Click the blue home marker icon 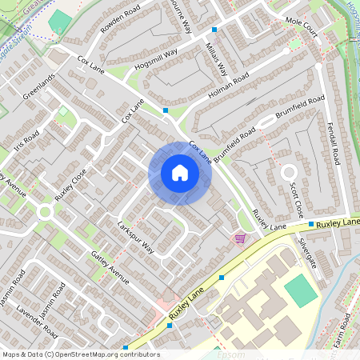coord(179,173)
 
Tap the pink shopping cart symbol coord(239,238)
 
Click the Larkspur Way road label coord(135,238)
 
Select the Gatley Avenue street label coord(110,267)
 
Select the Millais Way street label coord(218,59)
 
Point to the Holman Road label coord(228,87)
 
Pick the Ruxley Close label coord(70,186)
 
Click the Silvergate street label coord(307,252)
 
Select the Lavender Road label coord(38,321)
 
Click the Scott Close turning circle coord(288,172)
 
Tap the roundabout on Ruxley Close coord(45,212)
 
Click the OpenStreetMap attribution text coord(81,354)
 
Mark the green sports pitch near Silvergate coord(301,290)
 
